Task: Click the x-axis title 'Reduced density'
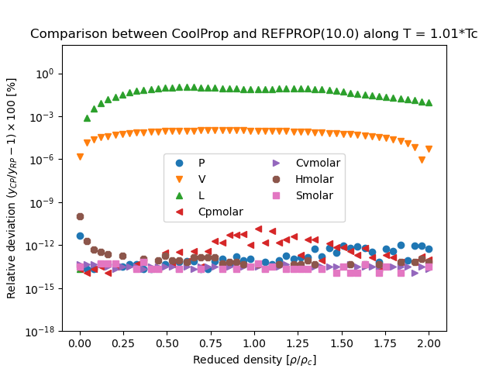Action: coord(253,360)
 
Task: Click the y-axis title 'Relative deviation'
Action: coord(12,188)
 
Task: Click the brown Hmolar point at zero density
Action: coord(80,216)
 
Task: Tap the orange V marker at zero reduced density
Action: coord(80,157)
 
